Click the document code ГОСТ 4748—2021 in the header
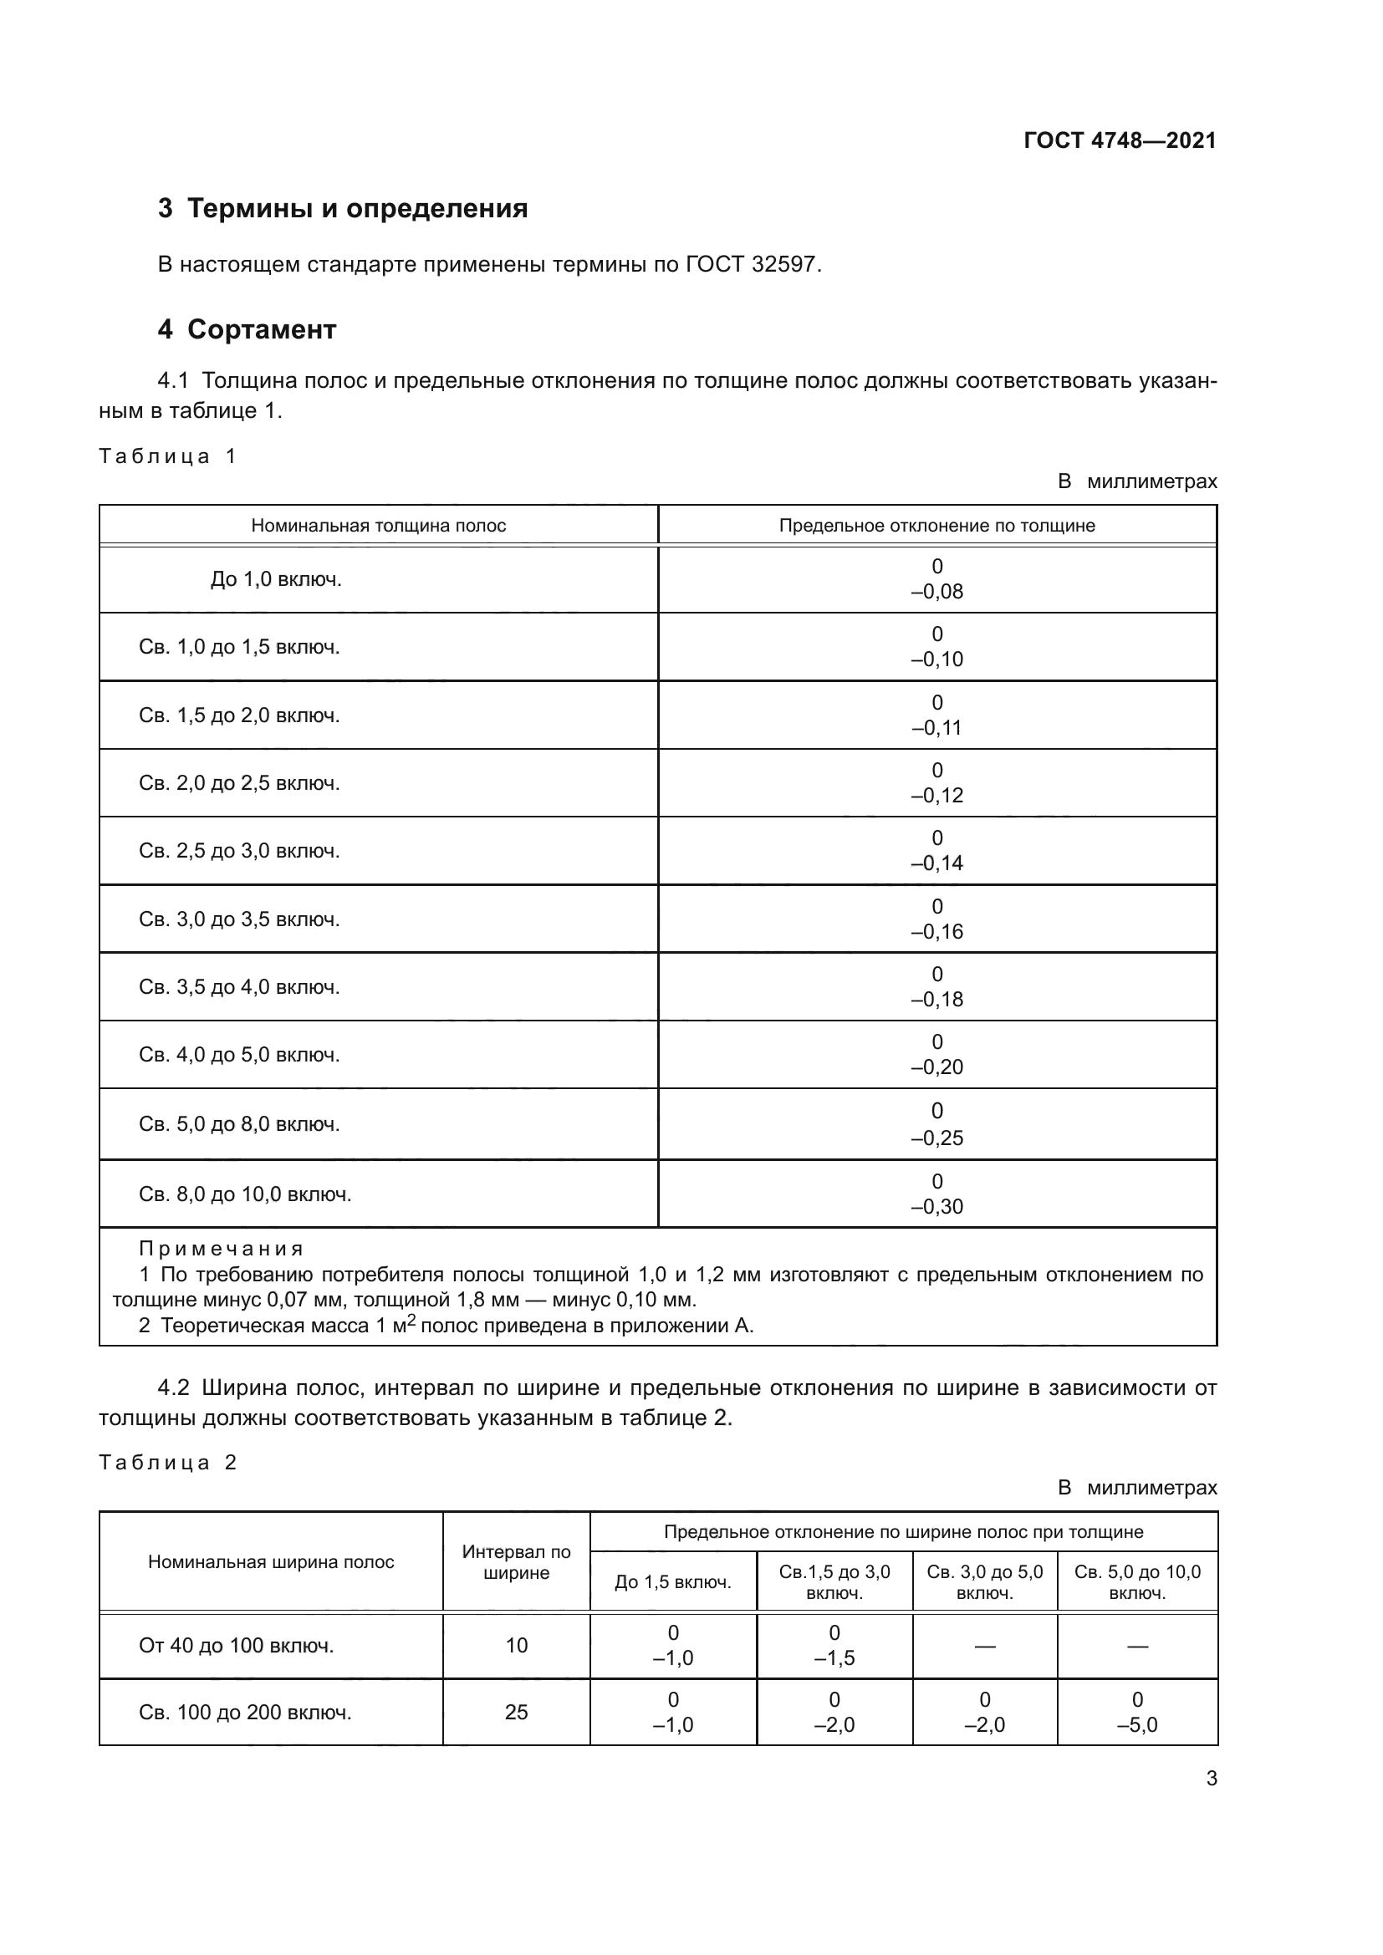click(x=1120, y=140)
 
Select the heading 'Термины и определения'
click(x=357, y=209)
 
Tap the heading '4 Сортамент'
click(x=247, y=329)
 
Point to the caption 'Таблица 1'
click(x=168, y=456)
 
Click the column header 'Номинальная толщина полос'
click(x=378, y=526)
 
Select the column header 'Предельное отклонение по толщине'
click(x=936, y=526)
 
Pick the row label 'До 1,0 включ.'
click(x=276, y=580)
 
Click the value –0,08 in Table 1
click(x=936, y=592)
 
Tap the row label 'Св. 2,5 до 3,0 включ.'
click(x=239, y=851)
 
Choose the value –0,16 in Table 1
click(x=936, y=931)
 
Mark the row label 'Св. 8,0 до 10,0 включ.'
click(x=245, y=1194)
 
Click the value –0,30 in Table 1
click(x=936, y=1207)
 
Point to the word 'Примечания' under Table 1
click(x=221, y=1249)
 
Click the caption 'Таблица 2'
click(x=168, y=1463)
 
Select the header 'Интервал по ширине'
click(x=516, y=1561)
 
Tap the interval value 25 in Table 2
click(x=516, y=1713)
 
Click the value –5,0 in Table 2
click(x=1137, y=1725)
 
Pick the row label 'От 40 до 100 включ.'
click(x=237, y=1646)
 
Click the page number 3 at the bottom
click(x=1211, y=1779)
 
